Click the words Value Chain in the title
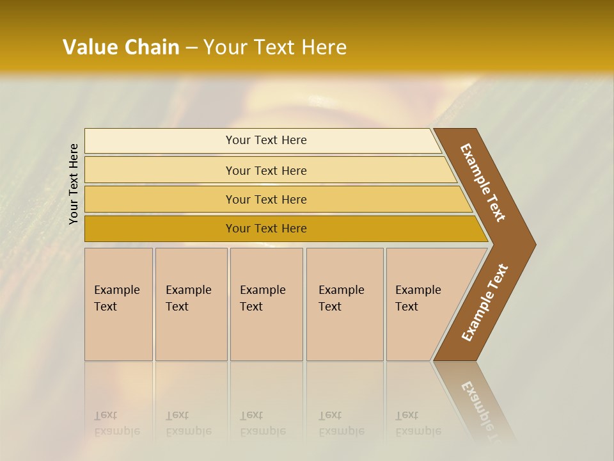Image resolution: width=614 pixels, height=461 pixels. (121, 47)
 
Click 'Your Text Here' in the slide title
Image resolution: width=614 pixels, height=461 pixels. (275, 47)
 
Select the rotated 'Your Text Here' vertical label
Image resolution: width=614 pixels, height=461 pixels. (74, 184)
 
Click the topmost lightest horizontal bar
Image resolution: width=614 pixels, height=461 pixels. (266, 140)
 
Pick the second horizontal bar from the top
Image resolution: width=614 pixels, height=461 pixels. (266, 170)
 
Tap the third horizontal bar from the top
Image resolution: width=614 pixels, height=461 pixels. (266, 199)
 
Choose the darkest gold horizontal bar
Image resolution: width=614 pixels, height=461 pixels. (266, 229)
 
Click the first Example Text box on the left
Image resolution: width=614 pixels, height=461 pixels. (118, 304)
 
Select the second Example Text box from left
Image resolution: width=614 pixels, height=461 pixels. (191, 304)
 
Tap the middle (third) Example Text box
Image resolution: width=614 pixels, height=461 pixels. (266, 304)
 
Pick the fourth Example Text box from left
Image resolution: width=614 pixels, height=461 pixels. (345, 304)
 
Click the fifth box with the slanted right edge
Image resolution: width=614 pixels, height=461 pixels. (422, 304)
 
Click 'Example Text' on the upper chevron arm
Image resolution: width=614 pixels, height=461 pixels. (483, 182)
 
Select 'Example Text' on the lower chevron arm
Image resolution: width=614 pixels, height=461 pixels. (485, 302)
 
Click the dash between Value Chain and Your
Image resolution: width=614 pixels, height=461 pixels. (191, 48)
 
